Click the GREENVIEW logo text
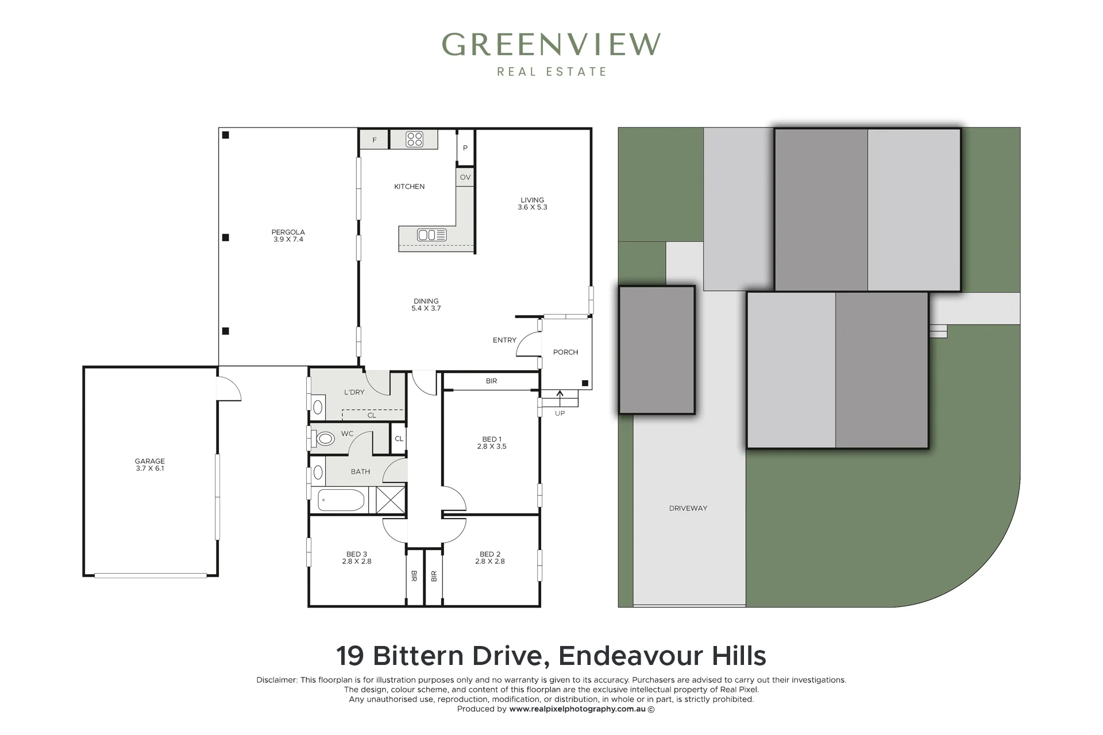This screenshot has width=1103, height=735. click(x=551, y=45)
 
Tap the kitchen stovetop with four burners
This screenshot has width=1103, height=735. click(x=414, y=140)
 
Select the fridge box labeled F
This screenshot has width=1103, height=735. click(x=374, y=140)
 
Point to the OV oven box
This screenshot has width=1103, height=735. click(x=465, y=177)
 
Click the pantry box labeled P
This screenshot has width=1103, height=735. click(x=465, y=148)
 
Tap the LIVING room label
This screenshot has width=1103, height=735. click(x=533, y=200)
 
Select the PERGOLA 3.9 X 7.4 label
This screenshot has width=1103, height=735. click(x=288, y=236)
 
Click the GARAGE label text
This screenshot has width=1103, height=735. click(x=150, y=461)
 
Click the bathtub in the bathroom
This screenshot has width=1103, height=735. click(x=341, y=500)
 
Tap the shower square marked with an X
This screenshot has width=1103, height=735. click(x=391, y=500)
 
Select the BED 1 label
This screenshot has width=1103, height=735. click(x=492, y=439)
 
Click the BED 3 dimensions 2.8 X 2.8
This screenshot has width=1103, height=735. click(x=357, y=561)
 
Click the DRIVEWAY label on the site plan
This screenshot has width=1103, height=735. click(x=688, y=508)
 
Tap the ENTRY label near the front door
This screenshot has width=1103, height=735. click(x=504, y=340)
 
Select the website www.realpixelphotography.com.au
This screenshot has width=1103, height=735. click(x=578, y=709)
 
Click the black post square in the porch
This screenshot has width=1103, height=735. click(x=585, y=383)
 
